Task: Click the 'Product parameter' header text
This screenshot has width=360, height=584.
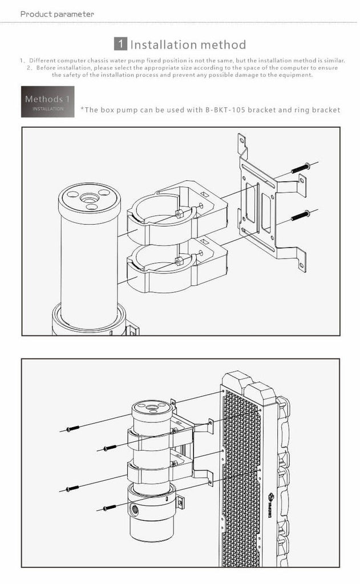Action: pyautogui.click(x=58, y=14)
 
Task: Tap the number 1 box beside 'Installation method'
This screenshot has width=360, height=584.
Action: pyautogui.click(x=120, y=44)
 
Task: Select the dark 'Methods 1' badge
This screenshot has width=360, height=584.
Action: pyautogui.click(x=48, y=102)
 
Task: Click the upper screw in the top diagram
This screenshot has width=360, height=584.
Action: pyautogui.click(x=300, y=168)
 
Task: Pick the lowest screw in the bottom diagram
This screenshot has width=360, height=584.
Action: pyautogui.click(x=110, y=507)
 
